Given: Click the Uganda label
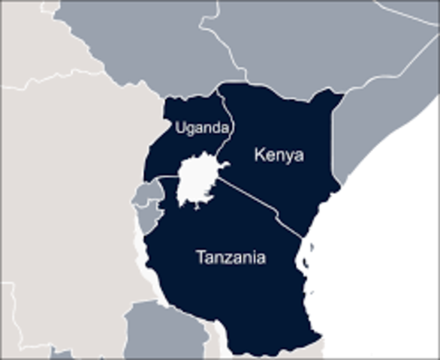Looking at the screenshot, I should [x=200, y=128].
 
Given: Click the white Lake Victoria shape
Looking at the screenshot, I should [x=197, y=181].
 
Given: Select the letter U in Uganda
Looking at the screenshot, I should [x=179, y=128].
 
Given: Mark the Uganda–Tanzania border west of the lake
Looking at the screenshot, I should [x=165, y=177].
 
